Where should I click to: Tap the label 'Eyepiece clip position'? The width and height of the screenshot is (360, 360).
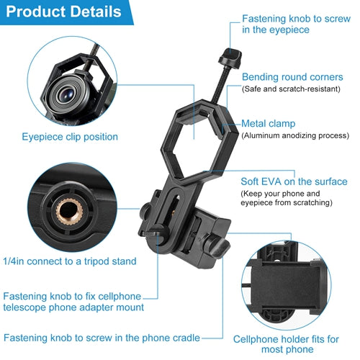click(70, 137)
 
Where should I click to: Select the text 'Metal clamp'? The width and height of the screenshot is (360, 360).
click(268, 124)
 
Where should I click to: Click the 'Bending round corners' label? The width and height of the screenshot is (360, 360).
click(292, 77)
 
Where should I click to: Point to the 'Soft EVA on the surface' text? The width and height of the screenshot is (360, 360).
click(294, 181)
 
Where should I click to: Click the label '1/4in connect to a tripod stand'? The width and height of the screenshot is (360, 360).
click(70, 261)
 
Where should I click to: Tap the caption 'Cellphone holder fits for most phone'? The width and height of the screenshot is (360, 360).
click(286, 344)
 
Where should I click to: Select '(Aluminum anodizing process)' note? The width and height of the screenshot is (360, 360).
click(295, 135)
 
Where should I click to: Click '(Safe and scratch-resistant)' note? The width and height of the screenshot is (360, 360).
click(291, 89)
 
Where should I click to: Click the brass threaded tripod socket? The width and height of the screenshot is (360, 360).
click(69, 212)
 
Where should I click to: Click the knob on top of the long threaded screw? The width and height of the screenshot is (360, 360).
click(230, 58)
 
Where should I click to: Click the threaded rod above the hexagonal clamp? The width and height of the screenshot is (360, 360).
click(220, 84)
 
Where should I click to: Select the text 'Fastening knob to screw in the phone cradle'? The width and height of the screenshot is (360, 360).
click(102, 338)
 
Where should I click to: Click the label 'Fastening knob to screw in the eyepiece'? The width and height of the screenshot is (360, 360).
click(296, 24)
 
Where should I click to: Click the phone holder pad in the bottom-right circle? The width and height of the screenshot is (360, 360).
click(287, 286)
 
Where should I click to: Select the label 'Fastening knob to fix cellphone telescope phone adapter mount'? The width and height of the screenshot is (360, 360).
click(73, 302)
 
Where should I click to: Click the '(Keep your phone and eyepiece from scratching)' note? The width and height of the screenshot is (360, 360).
click(287, 198)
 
